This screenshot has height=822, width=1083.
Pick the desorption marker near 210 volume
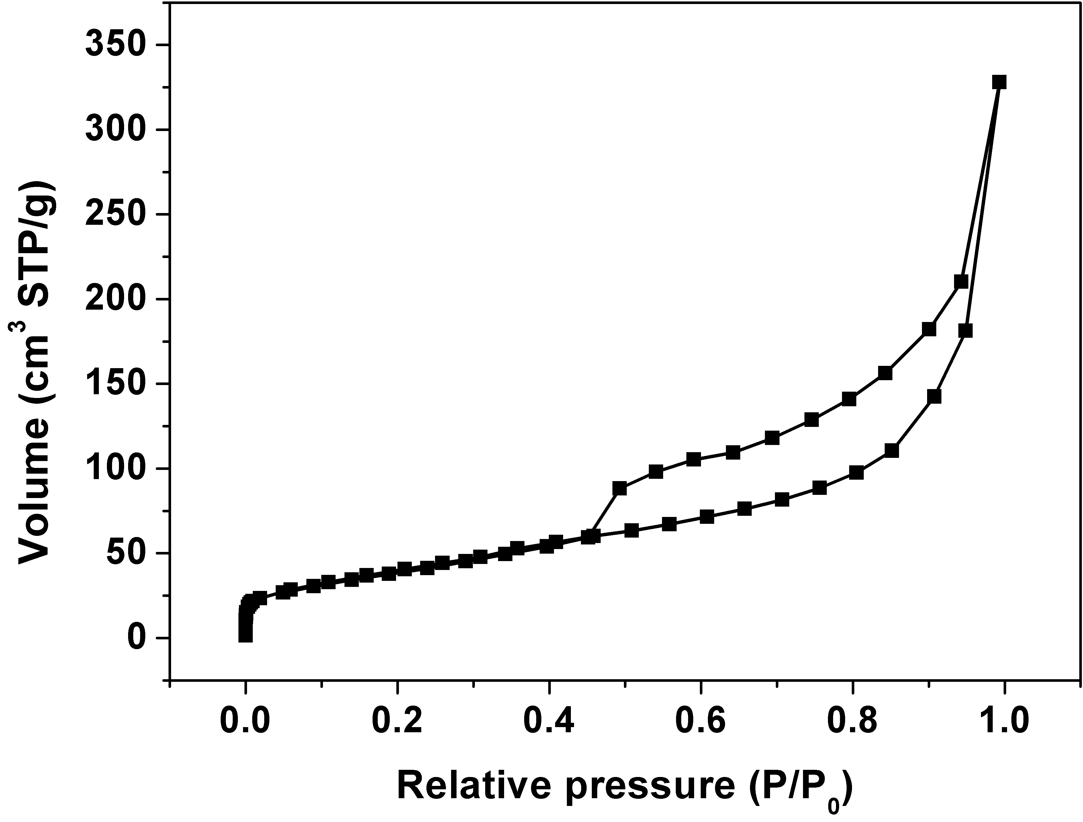[x=961, y=282]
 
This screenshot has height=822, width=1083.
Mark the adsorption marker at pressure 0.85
[x=892, y=451]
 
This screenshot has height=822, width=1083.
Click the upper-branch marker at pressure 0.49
[x=619, y=488]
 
